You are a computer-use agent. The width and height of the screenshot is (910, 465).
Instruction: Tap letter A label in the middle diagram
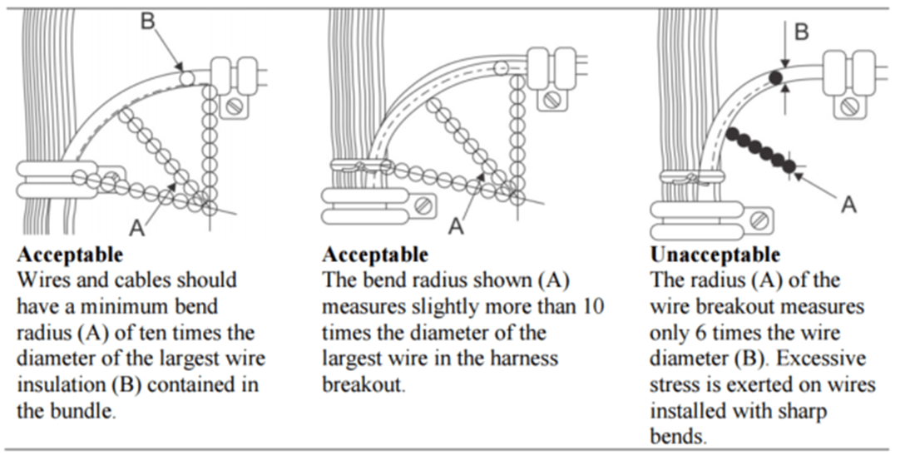click(x=456, y=225)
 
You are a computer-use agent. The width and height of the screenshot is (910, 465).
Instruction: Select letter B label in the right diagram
click(x=802, y=32)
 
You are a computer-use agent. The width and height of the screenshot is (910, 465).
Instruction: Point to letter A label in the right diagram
click(x=848, y=203)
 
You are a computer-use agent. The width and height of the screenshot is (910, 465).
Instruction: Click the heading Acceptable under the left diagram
click(x=70, y=254)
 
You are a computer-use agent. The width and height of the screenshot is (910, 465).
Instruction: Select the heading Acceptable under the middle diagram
click(x=375, y=254)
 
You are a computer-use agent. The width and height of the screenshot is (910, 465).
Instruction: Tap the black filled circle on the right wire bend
click(x=775, y=78)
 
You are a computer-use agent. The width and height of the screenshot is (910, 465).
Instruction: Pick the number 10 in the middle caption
click(x=593, y=306)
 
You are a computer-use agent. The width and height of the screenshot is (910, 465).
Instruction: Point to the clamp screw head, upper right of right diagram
click(x=849, y=106)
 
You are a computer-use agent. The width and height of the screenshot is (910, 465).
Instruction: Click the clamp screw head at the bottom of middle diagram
click(x=424, y=204)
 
